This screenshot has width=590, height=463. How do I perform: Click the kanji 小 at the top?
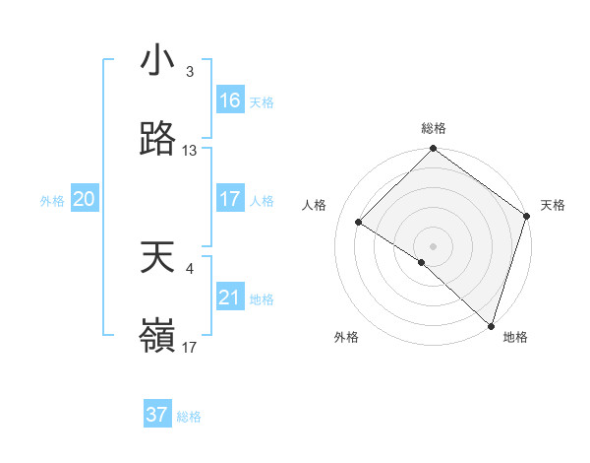click(158, 60)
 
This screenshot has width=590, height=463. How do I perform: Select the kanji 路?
click(158, 139)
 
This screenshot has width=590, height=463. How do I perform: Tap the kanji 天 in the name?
click(158, 257)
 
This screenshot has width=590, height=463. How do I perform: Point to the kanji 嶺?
click(158, 336)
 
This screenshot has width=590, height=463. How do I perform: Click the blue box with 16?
click(230, 100)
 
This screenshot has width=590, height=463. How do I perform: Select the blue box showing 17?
click(230, 199)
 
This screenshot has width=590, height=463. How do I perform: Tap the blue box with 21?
click(230, 298)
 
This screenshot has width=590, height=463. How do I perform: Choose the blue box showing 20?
click(84, 199)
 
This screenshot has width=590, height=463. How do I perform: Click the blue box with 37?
click(156, 415)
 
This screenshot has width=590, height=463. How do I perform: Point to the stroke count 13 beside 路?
click(191, 151)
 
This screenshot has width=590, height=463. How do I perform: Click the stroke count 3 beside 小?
click(189, 72)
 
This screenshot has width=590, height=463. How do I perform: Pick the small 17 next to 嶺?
click(190, 348)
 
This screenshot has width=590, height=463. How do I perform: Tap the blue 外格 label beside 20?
click(52, 201)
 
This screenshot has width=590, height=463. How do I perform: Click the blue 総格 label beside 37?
click(189, 417)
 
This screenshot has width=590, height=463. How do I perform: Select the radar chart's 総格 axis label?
click(434, 128)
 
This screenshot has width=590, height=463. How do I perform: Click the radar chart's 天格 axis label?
click(554, 205)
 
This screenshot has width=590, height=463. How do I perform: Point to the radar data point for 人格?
click(359, 223)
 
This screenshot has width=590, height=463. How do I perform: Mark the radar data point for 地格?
click(491, 325)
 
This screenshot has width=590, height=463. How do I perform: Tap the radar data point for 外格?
click(422, 262)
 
